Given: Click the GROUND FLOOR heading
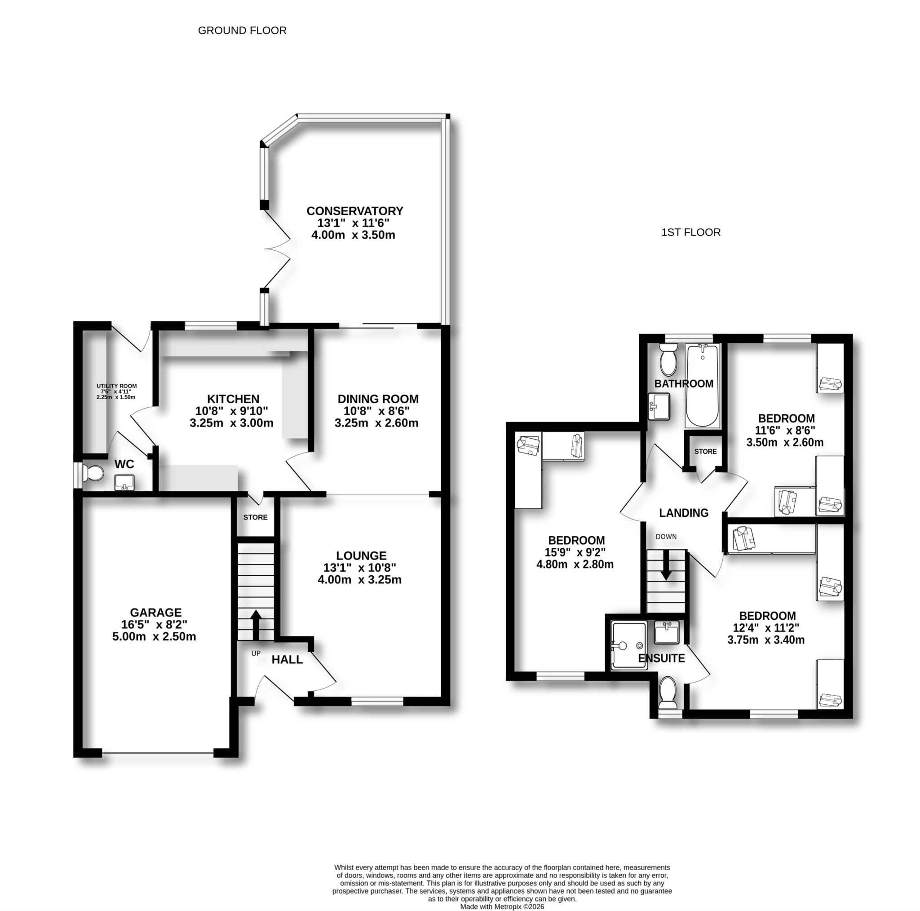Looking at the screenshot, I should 242,31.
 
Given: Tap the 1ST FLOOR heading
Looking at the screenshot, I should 690,232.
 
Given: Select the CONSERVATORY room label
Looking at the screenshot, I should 354,211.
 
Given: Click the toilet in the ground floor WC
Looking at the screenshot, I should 93,473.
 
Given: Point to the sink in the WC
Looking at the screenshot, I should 124,482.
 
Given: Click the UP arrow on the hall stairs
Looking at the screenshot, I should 256,624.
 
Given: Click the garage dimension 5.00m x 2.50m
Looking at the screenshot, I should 154,636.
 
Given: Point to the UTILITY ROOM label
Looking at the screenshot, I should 117,386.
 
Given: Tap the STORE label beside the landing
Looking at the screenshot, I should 705,451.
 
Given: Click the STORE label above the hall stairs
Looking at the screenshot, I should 255,517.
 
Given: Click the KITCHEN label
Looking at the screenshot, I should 233,399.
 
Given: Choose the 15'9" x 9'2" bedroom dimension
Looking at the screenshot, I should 576,552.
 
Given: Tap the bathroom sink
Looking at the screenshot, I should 659,406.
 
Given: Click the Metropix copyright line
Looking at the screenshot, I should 501,907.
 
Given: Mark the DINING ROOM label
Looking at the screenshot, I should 378,399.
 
